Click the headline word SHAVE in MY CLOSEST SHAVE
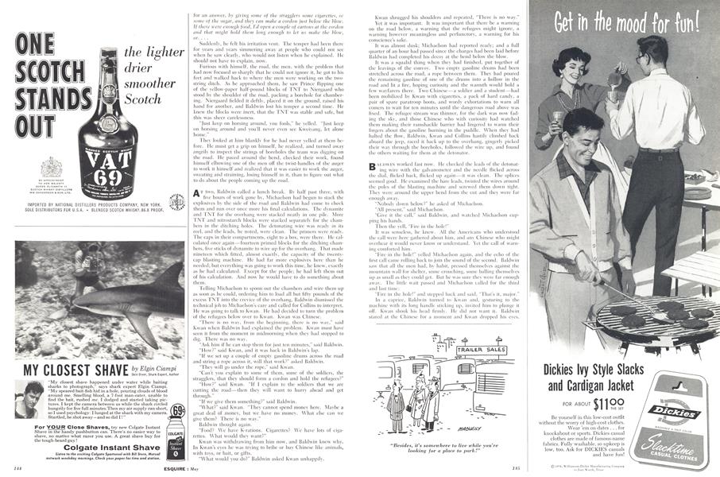click(110, 370)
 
